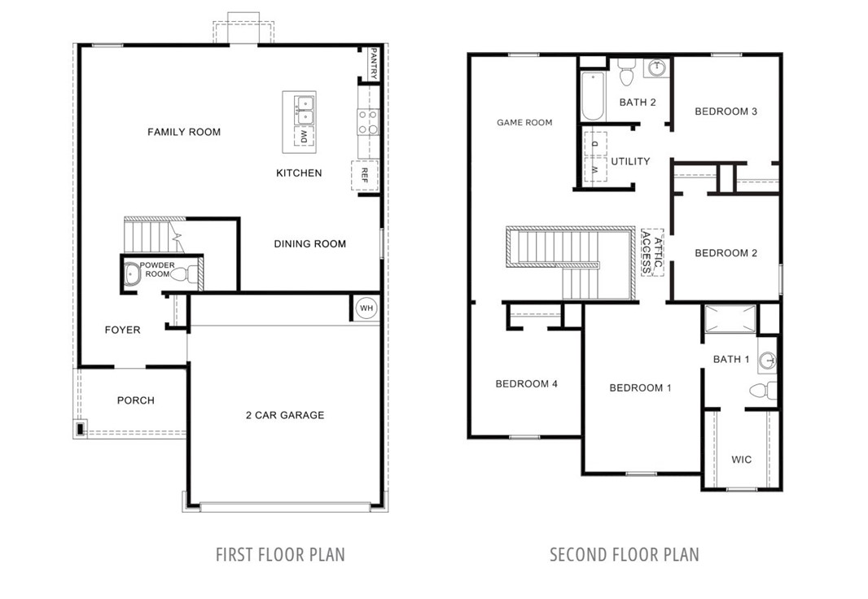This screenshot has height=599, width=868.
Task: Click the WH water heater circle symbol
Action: (366, 308)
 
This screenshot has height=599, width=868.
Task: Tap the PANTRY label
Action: (373, 63)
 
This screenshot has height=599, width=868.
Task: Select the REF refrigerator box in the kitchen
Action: (365, 175)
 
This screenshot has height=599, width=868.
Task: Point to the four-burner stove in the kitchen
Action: (368, 122)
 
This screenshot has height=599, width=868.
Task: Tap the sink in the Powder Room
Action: (132, 274)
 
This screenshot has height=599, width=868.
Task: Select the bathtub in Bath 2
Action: (592, 97)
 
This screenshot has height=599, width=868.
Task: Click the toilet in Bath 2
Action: (625, 73)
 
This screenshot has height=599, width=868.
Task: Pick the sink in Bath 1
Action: (766, 361)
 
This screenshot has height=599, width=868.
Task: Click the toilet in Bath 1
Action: (762, 391)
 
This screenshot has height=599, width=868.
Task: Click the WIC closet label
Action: (741, 460)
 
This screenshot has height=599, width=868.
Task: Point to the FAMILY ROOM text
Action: (184, 132)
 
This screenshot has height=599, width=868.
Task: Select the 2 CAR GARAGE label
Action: (285, 415)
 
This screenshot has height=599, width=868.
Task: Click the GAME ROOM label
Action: (524, 123)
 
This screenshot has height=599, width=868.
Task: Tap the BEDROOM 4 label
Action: (526, 384)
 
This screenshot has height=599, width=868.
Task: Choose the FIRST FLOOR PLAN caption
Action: (280, 555)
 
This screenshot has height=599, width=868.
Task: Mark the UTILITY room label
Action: (630, 161)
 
